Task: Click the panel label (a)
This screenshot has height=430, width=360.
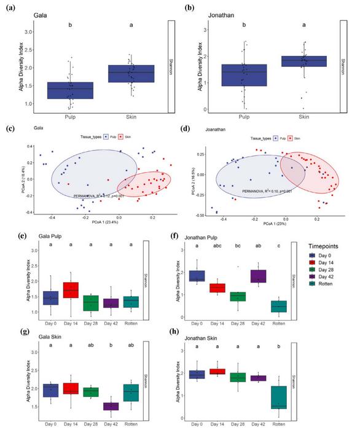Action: tap(10, 7)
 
